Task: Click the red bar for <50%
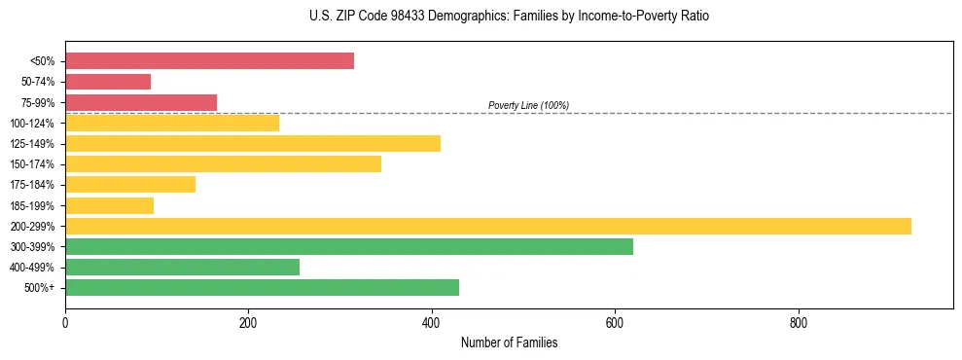tap(209, 61)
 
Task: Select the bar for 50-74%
tap(108, 82)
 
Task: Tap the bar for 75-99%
tap(141, 102)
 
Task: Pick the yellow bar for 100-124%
tap(172, 123)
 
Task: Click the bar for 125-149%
tap(253, 144)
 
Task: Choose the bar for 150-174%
tap(223, 164)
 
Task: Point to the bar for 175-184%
tap(130, 185)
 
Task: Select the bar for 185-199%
tap(109, 205)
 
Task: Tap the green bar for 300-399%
tap(349, 247)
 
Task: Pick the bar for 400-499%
tap(182, 268)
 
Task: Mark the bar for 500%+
tap(262, 288)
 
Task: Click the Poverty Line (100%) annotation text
tap(528, 105)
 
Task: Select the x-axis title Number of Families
tap(509, 343)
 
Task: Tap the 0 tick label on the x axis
tap(65, 323)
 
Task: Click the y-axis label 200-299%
tap(32, 227)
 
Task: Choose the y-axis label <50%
tap(43, 61)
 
